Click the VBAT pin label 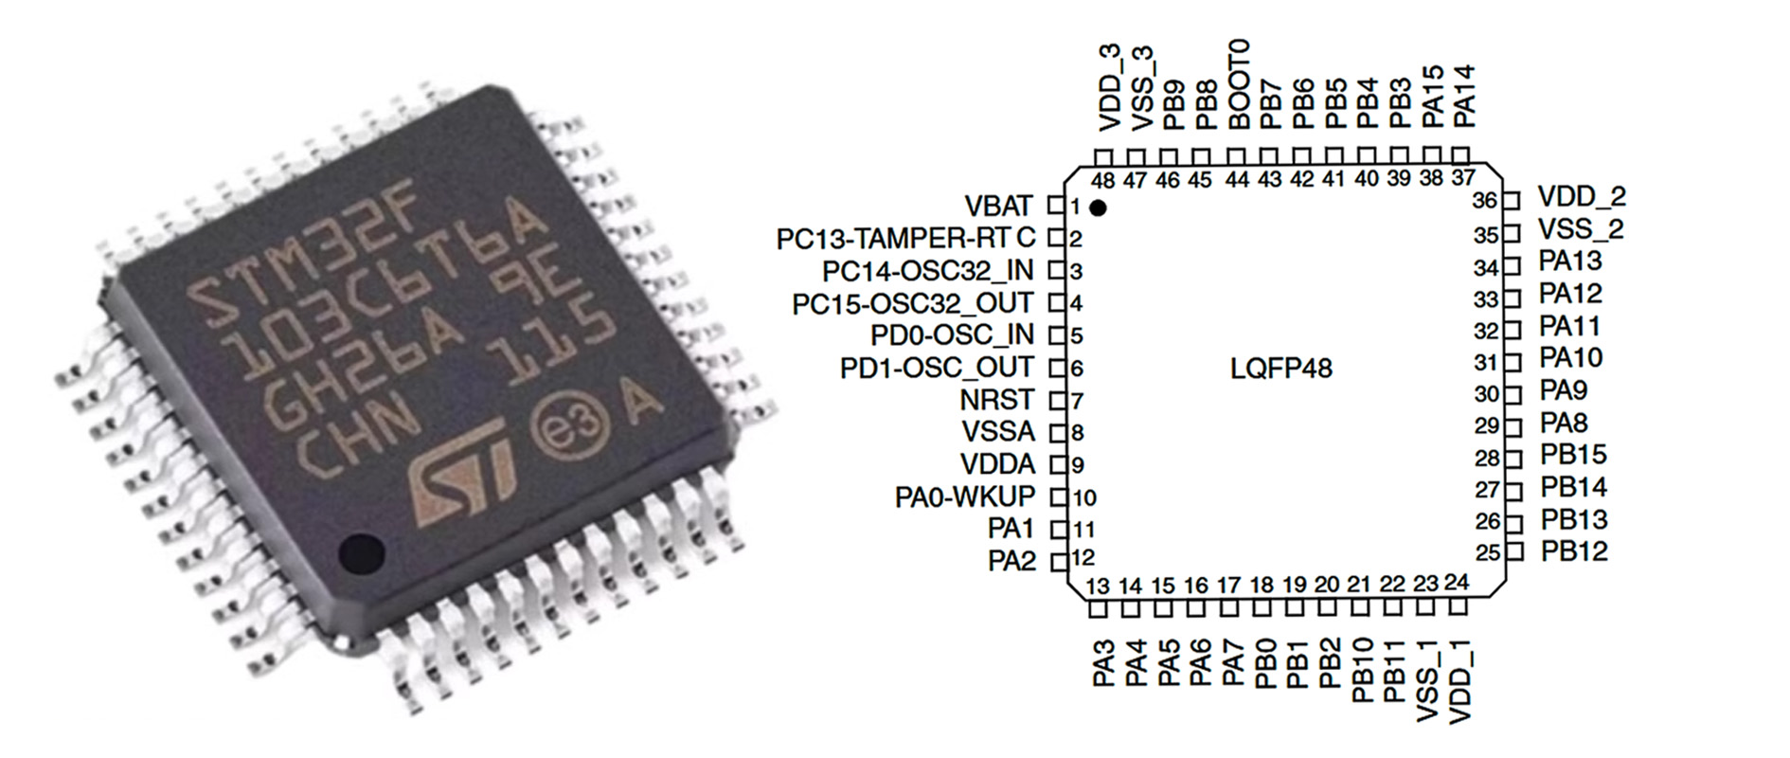[x=998, y=206]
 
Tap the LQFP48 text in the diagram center [x=1280, y=368]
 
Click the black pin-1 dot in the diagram [x=1099, y=208]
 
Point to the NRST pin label [x=996, y=400]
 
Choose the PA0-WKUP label [x=965, y=496]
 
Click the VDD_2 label [x=1581, y=197]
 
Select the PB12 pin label [x=1573, y=550]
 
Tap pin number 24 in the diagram [x=1456, y=582]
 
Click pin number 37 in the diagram [x=1463, y=178]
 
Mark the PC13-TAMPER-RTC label [x=905, y=238]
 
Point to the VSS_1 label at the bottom [x=1427, y=679]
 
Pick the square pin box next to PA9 [x=1513, y=393]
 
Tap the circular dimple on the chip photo [x=361, y=553]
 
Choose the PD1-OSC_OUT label [x=937, y=368]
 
